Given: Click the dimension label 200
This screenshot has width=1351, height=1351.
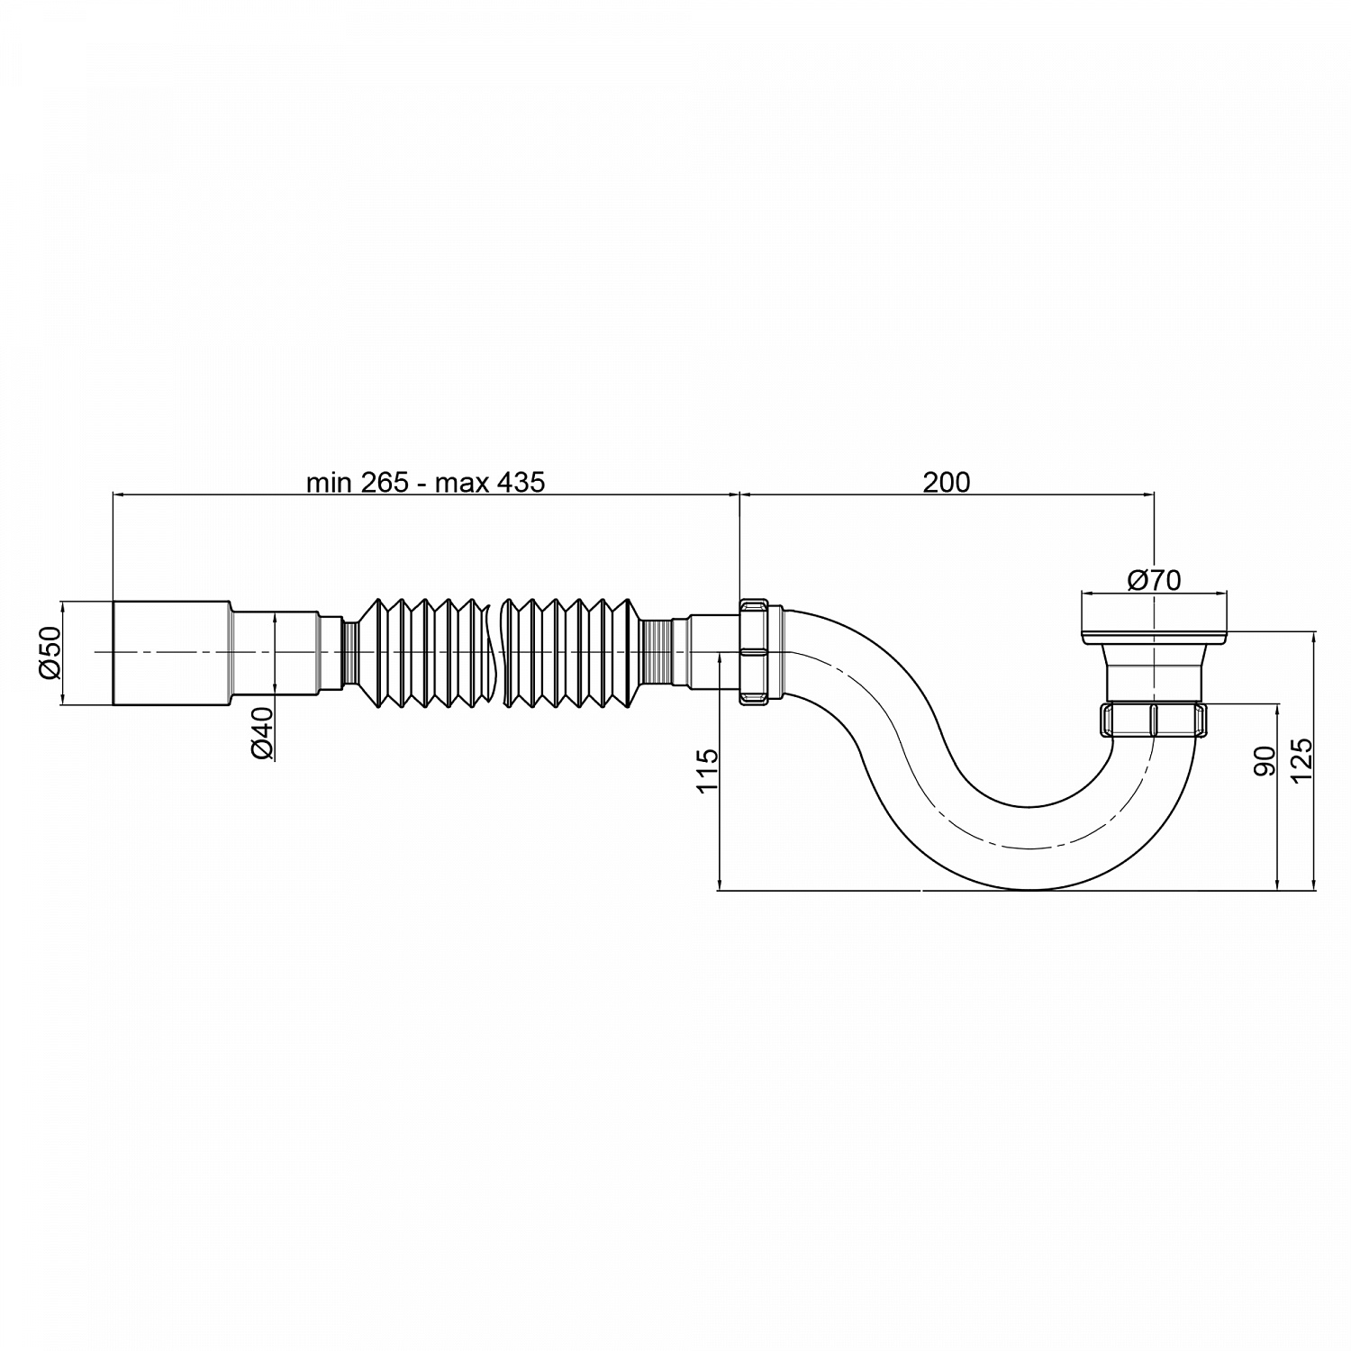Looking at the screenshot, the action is (x=946, y=483).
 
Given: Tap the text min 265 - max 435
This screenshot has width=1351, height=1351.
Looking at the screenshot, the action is (x=425, y=483).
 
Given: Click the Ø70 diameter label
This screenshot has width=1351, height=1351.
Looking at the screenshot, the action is (x=1154, y=580).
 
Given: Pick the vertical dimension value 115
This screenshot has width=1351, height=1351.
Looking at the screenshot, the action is (x=708, y=768).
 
